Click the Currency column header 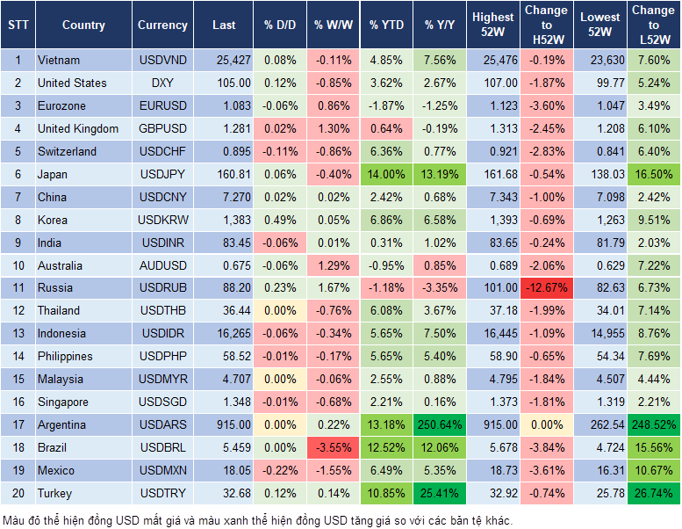click(x=162, y=25)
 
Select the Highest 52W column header click(x=492, y=25)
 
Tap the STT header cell click(x=18, y=25)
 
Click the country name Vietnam click(x=59, y=61)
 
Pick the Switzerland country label click(x=67, y=151)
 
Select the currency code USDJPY click(x=162, y=174)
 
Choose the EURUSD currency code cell click(x=162, y=105)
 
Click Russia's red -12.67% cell click(x=547, y=287)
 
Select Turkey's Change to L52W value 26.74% click(x=653, y=494)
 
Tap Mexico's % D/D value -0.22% click(x=279, y=471)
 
